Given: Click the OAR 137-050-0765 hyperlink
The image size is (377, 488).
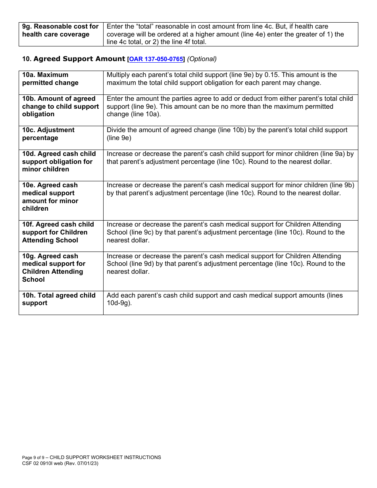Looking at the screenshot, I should (x=156, y=59).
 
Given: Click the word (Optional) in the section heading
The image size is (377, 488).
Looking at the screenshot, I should (x=202, y=59).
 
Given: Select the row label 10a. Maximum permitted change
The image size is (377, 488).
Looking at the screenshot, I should (x=50, y=79).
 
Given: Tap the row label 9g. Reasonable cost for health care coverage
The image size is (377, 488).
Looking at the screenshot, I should (x=60, y=30).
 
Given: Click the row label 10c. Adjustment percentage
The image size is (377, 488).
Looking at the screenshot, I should (x=48, y=134).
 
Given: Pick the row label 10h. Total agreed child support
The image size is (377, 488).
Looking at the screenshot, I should (x=59, y=299).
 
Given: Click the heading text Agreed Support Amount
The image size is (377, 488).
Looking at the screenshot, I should (x=79, y=59).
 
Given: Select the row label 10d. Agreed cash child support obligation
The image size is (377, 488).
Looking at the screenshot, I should (x=59, y=161).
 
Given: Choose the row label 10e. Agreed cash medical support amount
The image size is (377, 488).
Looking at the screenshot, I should (x=50, y=197).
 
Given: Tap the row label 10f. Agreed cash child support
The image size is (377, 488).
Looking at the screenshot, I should (x=58, y=232).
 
